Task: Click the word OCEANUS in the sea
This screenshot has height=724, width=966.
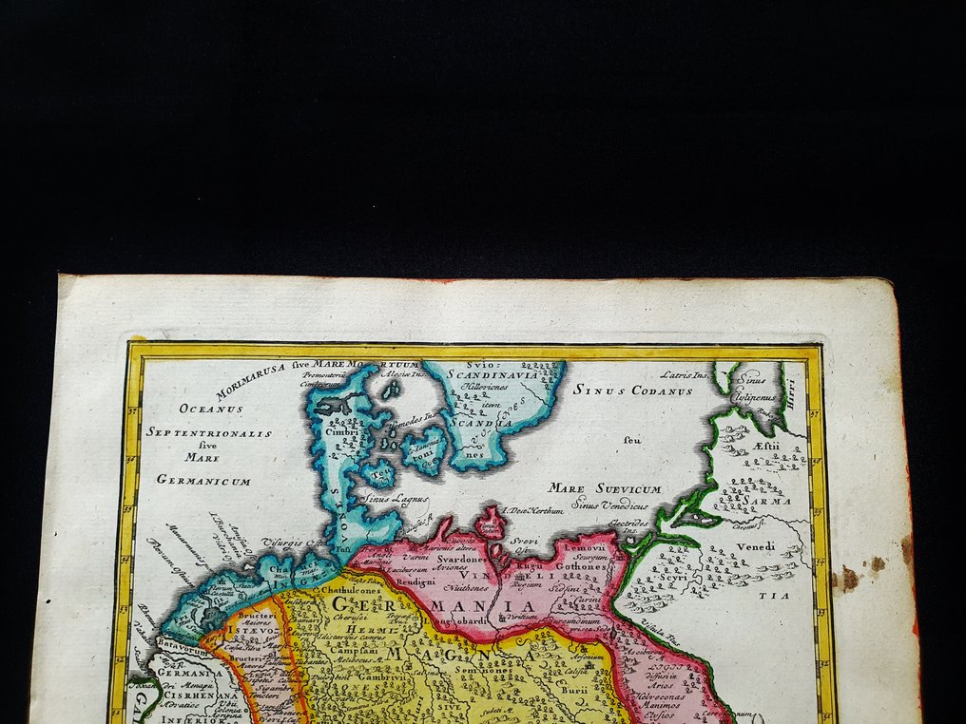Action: [212, 409]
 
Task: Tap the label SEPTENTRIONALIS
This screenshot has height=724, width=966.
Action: [209, 432]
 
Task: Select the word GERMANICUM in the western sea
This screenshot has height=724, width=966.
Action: [204, 481]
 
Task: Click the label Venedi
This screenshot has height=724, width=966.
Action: [756, 545]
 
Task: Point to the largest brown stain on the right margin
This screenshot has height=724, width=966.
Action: [848, 577]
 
